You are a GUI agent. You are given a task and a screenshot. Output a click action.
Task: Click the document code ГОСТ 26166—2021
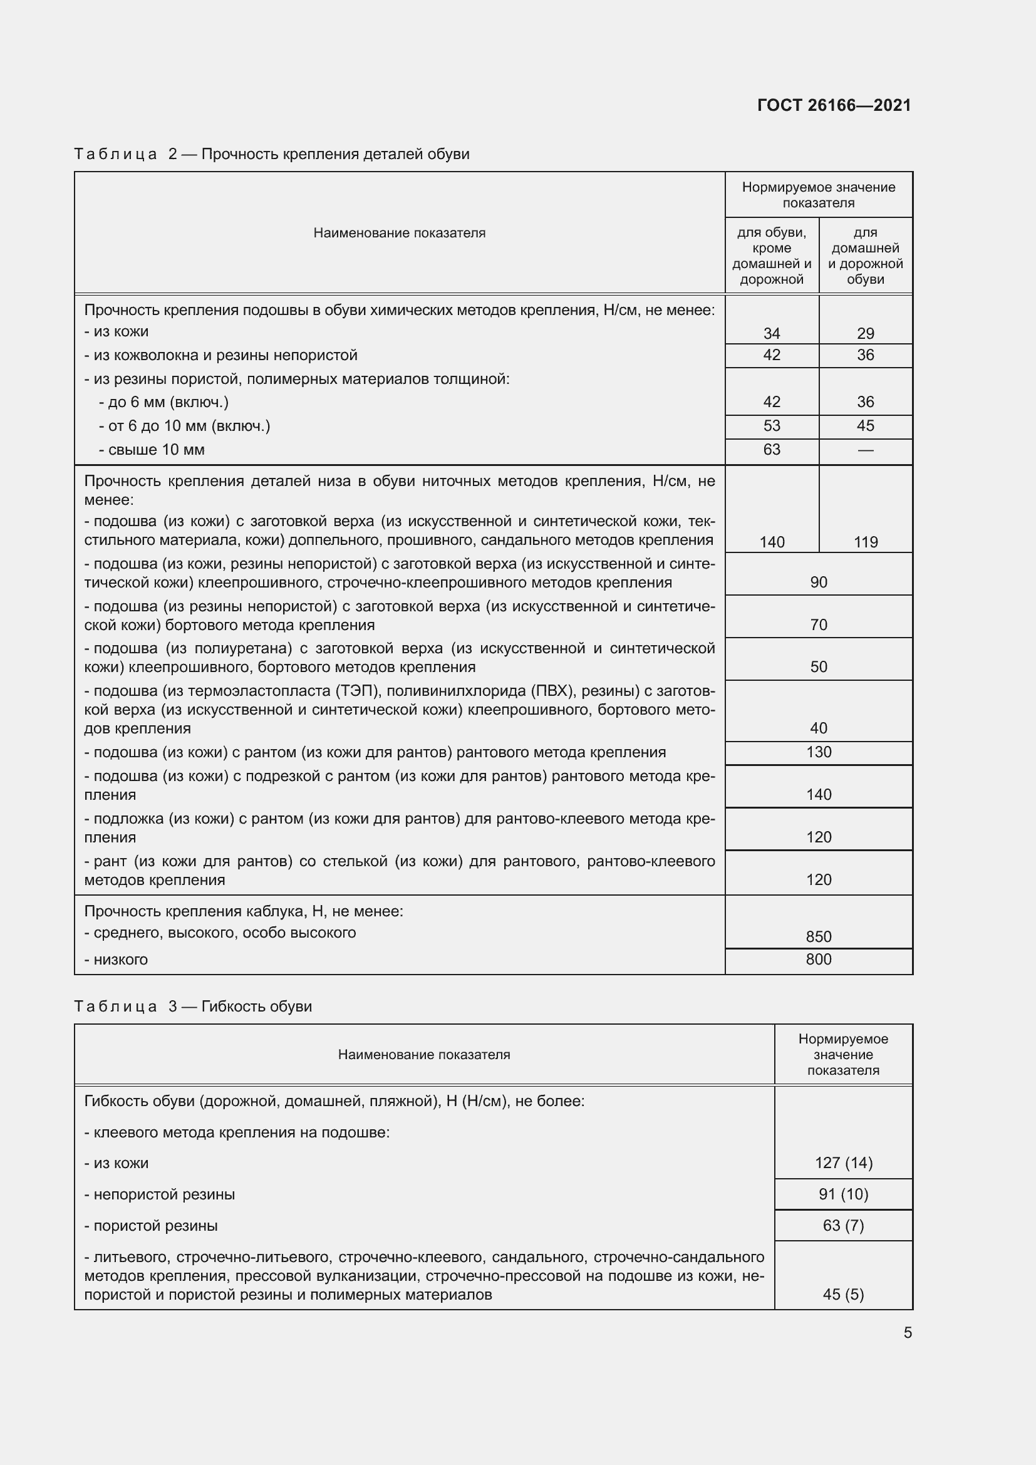pyautogui.click(x=834, y=105)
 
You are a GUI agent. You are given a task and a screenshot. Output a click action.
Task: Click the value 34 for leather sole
pyautogui.click(x=771, y=333)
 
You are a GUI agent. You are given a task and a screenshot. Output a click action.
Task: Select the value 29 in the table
pyautogui.click(x=865, y=333)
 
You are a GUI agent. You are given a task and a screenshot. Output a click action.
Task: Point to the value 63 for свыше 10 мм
pyautogui.click(x=771, y=450)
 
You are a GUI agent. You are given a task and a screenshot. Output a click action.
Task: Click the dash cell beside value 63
pyautogui.click(x=865, y=450)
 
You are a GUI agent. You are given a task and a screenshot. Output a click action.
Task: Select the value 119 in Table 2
pyautogui.click(x=865, y=542)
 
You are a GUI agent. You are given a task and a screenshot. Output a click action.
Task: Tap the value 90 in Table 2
pyautogui.click(x=819, y=582)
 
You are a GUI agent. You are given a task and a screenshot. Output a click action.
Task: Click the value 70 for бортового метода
pyautogui.click(x=819, y=624)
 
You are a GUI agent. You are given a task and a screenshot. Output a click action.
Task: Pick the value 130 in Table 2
pyautogui.click(x=819, y=752)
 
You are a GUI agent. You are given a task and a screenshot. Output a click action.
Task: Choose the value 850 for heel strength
pyautogui.click(x=819, y=936)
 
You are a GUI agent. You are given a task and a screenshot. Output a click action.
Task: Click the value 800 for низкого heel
pyautogui.click(x=819, y=959)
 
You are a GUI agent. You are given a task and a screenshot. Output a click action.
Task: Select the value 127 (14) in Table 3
pyautogui.click(x=843, y=1162)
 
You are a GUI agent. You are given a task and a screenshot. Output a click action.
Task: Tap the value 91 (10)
pyautogui.click(x=843, y=1194)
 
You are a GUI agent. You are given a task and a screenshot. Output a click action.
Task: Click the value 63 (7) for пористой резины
pyautogui.click(x=843, y=1225)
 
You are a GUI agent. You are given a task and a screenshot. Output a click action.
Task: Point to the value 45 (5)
pyautogui.click(x=843, y=1294)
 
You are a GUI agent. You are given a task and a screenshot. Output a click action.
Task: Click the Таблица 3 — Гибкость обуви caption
pyautogui.click(x=193, y=1007)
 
